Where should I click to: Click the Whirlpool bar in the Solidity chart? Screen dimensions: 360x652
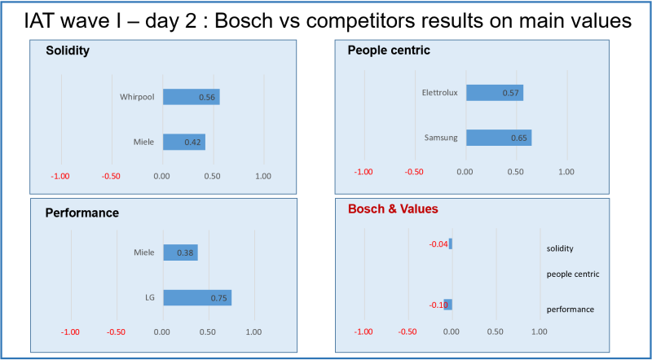click(x=191, y=97)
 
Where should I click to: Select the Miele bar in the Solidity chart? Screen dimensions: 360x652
click(x=183, y=142)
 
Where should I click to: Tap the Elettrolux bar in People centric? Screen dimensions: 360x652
click(x=494, y=93)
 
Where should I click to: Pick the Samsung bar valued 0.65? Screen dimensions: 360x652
click(x=498, y=138)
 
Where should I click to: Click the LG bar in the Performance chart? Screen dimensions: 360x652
click(x=197, y=297)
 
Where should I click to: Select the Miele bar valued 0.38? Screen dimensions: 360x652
click(x=180, y=252)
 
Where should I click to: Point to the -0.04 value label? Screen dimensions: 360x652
click(x=438, y=244)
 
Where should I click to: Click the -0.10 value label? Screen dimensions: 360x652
click(x=438, y=305)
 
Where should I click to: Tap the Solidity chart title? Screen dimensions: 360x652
click(x=67, y=50)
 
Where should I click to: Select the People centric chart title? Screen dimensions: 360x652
click(x=388, y=50)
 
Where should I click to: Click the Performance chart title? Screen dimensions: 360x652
click(x=82, y=213)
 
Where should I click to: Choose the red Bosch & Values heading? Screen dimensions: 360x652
click(x=394, y=209)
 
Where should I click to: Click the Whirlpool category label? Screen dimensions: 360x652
click(x=137, y=97)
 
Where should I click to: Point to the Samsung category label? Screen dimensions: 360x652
click(x=441, y=138)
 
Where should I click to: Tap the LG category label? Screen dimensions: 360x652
click(x=149, y=297)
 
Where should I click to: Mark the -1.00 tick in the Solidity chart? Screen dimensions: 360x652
click(x=61, y=176)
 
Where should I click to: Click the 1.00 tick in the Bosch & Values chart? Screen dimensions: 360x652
click(x=539, y=331)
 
